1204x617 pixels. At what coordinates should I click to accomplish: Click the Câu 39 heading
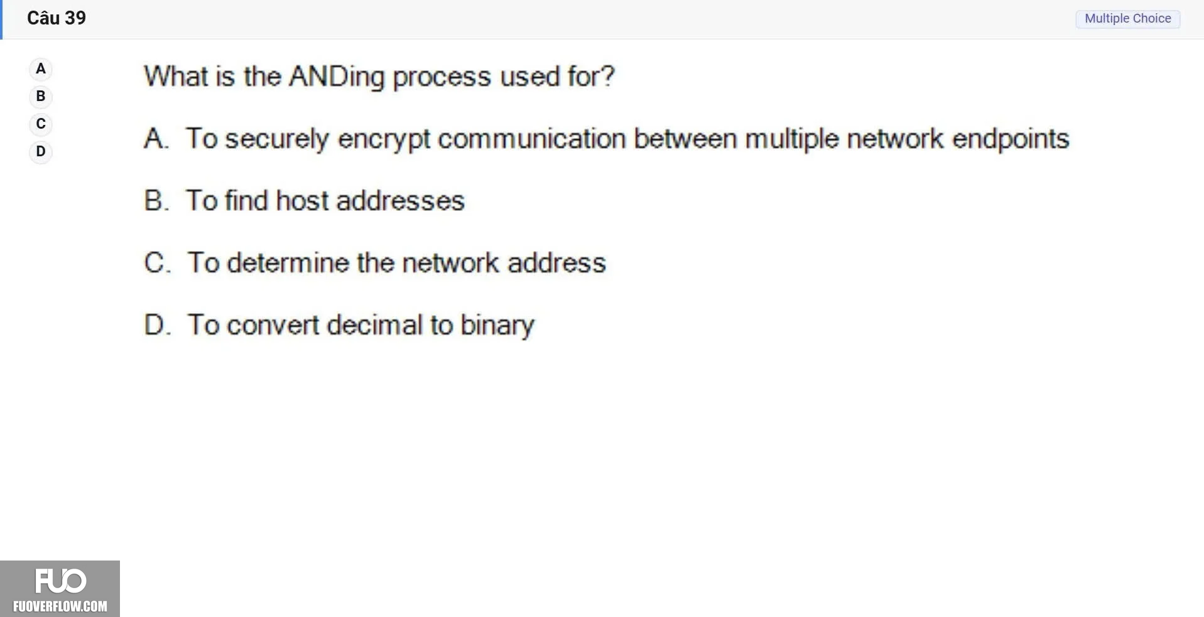[x=57, y=18]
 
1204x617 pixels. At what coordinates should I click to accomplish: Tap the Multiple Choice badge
[x=1127, y=19]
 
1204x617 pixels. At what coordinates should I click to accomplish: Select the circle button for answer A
[x=41, y=69]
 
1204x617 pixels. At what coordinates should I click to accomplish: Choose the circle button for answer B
[x=41, y=97]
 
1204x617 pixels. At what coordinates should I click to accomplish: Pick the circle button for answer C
[x=41, y=124]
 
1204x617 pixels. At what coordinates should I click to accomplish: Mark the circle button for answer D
[x=41, y=152]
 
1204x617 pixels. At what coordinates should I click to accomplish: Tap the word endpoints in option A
[x=1011, y=139]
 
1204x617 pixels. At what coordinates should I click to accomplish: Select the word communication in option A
[x=532, y=139]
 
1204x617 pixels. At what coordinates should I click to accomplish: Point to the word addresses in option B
[x=401, y=201]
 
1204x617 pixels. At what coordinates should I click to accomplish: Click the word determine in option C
[x=288, y=262]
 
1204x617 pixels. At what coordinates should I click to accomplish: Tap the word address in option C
[x=556, y=262]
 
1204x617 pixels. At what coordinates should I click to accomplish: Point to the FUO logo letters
[x=60, y=581]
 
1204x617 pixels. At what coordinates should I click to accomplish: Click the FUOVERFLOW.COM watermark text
[x=60, y=606]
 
